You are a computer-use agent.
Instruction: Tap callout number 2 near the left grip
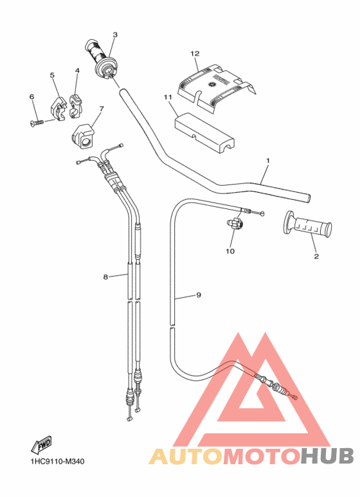tap(316, 257)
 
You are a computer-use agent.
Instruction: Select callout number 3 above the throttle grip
tap(115, 35)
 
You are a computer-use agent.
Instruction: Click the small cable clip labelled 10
tap(235, 224)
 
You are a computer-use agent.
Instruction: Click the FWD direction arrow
tap(42, 444)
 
